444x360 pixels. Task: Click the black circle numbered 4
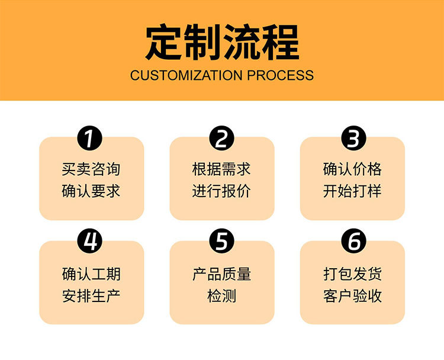[x=91, y=242]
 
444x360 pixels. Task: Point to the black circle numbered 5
[x=221, y=242]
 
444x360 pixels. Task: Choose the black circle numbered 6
[x=353, y=242]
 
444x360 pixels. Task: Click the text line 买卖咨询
[x=91, y=169]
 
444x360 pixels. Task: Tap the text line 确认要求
[x=91, y=191]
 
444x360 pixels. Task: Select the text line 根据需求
[x=222, y=169]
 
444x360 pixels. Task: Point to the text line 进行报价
[x=222, y=191]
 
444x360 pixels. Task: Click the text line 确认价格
[x=353, y=169]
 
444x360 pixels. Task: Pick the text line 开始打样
[x=353, y=191]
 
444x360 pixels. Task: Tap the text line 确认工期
[x=91, y=274]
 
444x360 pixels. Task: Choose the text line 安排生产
[x=91, y=295]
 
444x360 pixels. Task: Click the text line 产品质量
[x=222, y=274]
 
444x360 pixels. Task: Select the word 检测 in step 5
[x=222, y=295]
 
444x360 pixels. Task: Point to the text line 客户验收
[x=353, y=295]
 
